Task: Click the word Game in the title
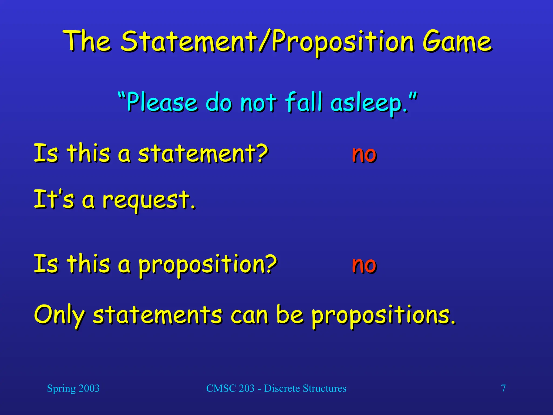tap(457, 42)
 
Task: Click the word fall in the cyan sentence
tap(304, 102)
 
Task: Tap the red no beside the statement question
tap(364, 154)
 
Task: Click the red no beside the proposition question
tap(364, 265)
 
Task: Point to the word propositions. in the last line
tap(383, 316)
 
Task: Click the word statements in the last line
tap(158, 315)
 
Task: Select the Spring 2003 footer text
tap(73, 389)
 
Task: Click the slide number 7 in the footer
tap(503, 389)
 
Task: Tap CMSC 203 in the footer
tap(230, 389)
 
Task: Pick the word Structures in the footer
tap(324, 389)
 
